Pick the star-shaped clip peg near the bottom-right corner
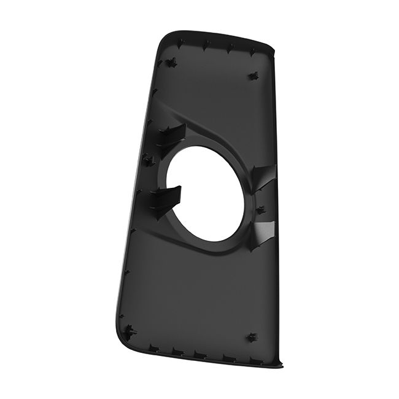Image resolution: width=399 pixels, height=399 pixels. point(252,337)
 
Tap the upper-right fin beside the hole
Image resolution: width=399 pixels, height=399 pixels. point(266,176)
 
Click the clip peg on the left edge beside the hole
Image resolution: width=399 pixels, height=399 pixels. point(148,161)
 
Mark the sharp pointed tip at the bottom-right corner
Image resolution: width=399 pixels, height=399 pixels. point(282,368)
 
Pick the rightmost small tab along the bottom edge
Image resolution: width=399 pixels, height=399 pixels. point(249,358)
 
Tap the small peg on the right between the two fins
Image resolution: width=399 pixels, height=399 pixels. point(260,209)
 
